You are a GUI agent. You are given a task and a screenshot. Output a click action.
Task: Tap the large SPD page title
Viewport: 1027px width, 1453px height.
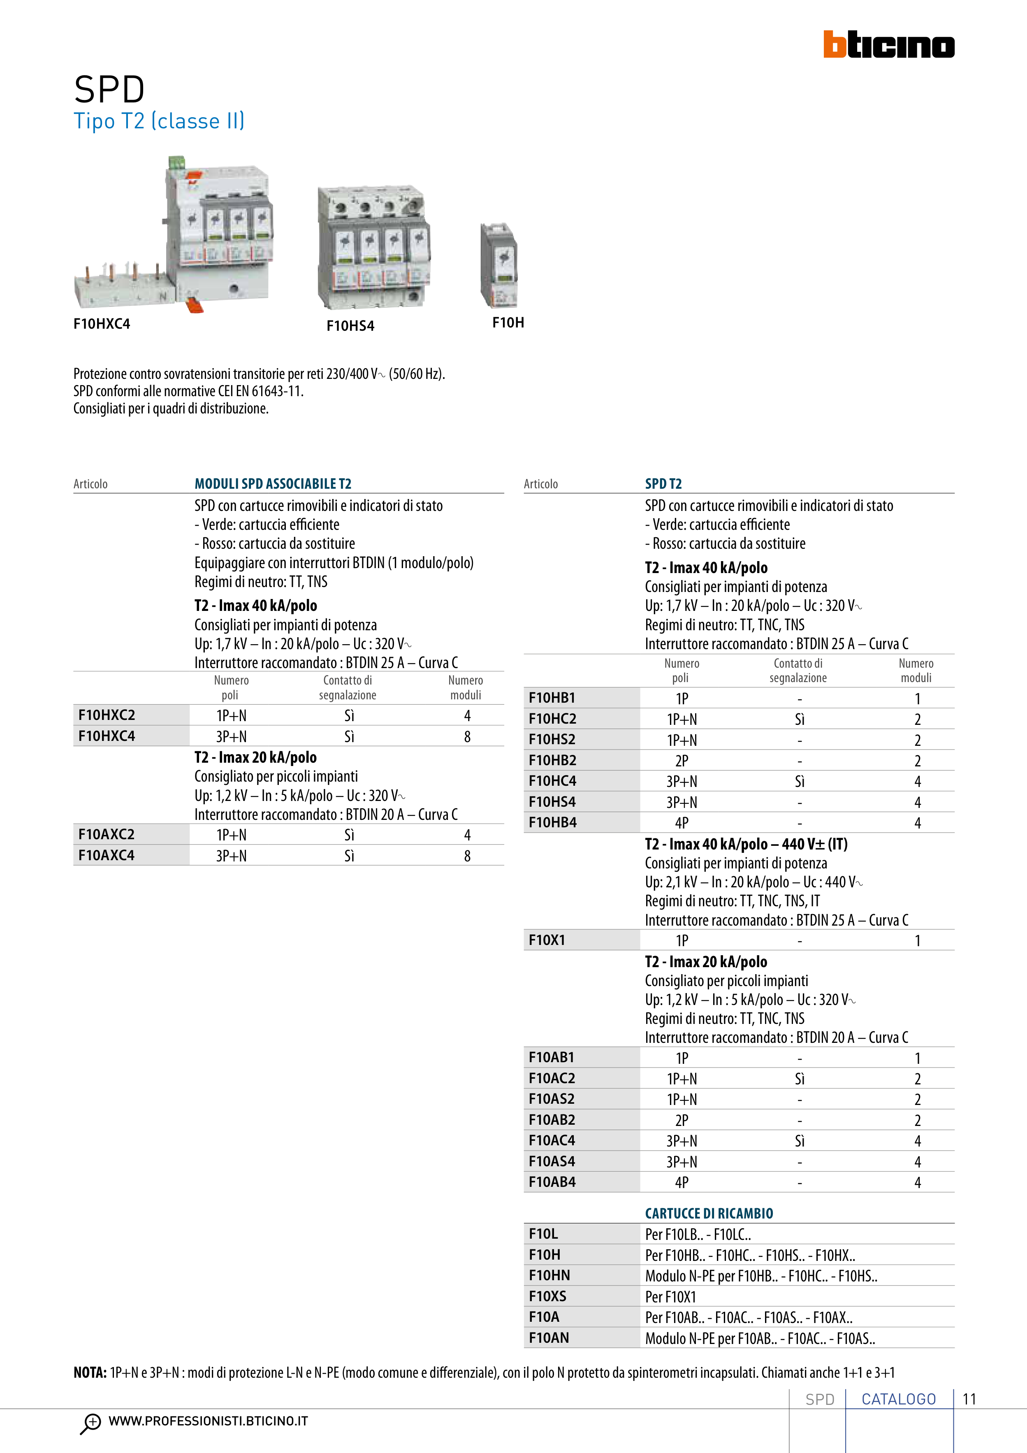pyautogui.click(x=109, y=89)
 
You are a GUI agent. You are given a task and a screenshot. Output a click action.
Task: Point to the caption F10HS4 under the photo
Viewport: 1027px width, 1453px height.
pyautogui.click(x=350, y=326)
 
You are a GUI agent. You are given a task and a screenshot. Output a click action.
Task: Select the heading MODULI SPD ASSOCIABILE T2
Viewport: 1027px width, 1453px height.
pyautogui.click(x=273, y=483)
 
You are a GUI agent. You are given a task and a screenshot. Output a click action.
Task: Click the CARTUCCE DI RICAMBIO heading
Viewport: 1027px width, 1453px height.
pyautogui.click(x=709, y=1213)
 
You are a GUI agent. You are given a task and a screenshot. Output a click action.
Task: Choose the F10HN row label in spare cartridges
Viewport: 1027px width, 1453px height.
pyautogui.click(x=549, y=1275)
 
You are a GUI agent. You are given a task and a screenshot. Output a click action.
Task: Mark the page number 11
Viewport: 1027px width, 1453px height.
pyautogui.click(x=969, y=1399)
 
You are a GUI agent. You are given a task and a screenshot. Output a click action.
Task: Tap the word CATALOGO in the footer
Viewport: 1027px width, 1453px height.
pyautogui.click(x=899, y=1399)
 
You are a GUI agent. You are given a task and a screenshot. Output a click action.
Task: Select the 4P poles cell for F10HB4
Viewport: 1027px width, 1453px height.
pyautogui.click(x=682, y=823)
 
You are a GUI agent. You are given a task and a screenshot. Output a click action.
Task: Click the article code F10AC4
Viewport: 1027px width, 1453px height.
pyautogui.click(x=552, y=1140)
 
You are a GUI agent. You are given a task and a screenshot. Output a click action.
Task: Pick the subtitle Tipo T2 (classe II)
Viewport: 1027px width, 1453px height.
pyautogui.click(x=159, y=121)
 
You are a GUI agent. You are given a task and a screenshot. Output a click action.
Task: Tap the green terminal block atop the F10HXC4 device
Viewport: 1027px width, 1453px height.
pyautogui.click(x=176, y=162)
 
